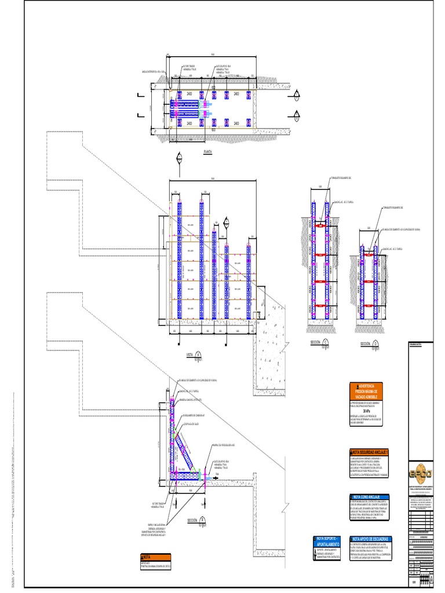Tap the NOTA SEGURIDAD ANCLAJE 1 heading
(x=369, y=452)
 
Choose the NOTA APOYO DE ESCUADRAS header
(x=370, y=539)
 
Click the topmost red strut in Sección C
(x=319, y=224)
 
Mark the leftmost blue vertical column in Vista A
(x=179, y=261)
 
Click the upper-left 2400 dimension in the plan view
(x=189, y=93)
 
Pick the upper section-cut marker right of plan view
(x=297, y=94)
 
